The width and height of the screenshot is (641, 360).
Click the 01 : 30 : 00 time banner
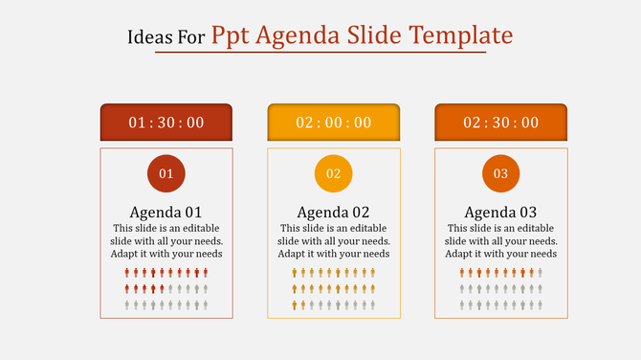tap(166, 123)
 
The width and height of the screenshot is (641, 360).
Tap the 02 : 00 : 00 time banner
tap(334, 123)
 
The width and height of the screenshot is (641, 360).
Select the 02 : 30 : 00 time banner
tap(501, 123)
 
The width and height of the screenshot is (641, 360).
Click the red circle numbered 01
tap(166, 173)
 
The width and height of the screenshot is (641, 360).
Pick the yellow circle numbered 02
tap(334, 173)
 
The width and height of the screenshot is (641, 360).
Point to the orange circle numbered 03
tap(501, 173)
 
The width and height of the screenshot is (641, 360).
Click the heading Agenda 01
tap(166, 212)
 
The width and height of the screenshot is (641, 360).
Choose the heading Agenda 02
tap(334, 212)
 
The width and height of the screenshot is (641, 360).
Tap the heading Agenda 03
tap(501, 212)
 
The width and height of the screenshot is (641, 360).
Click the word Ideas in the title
tap(144, 37)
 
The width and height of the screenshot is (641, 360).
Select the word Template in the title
tap(462, 36)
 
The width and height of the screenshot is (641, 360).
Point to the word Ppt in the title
tap(232, 37)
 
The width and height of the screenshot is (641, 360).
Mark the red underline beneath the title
tap(320, 53)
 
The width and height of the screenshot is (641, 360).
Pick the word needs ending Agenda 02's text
tap(375, 254)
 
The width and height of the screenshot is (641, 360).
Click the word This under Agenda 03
tap(458, 229)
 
